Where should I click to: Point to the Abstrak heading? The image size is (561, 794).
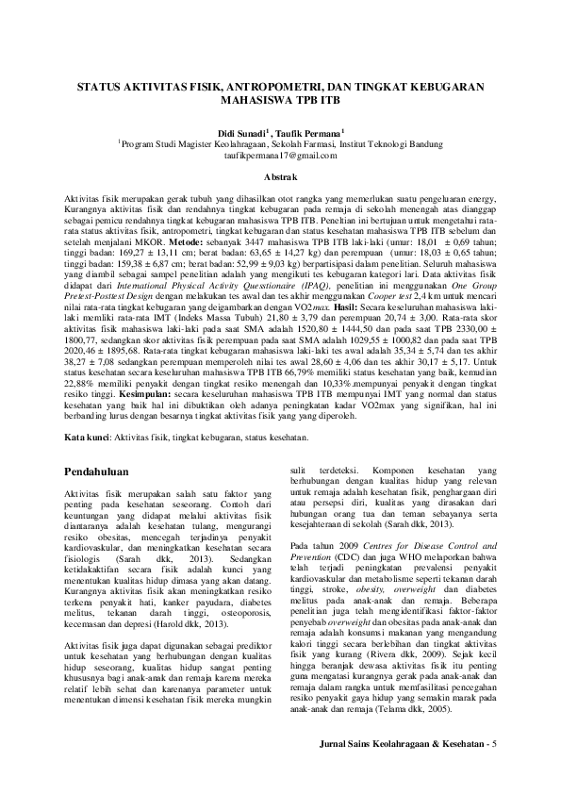[280, 176]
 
